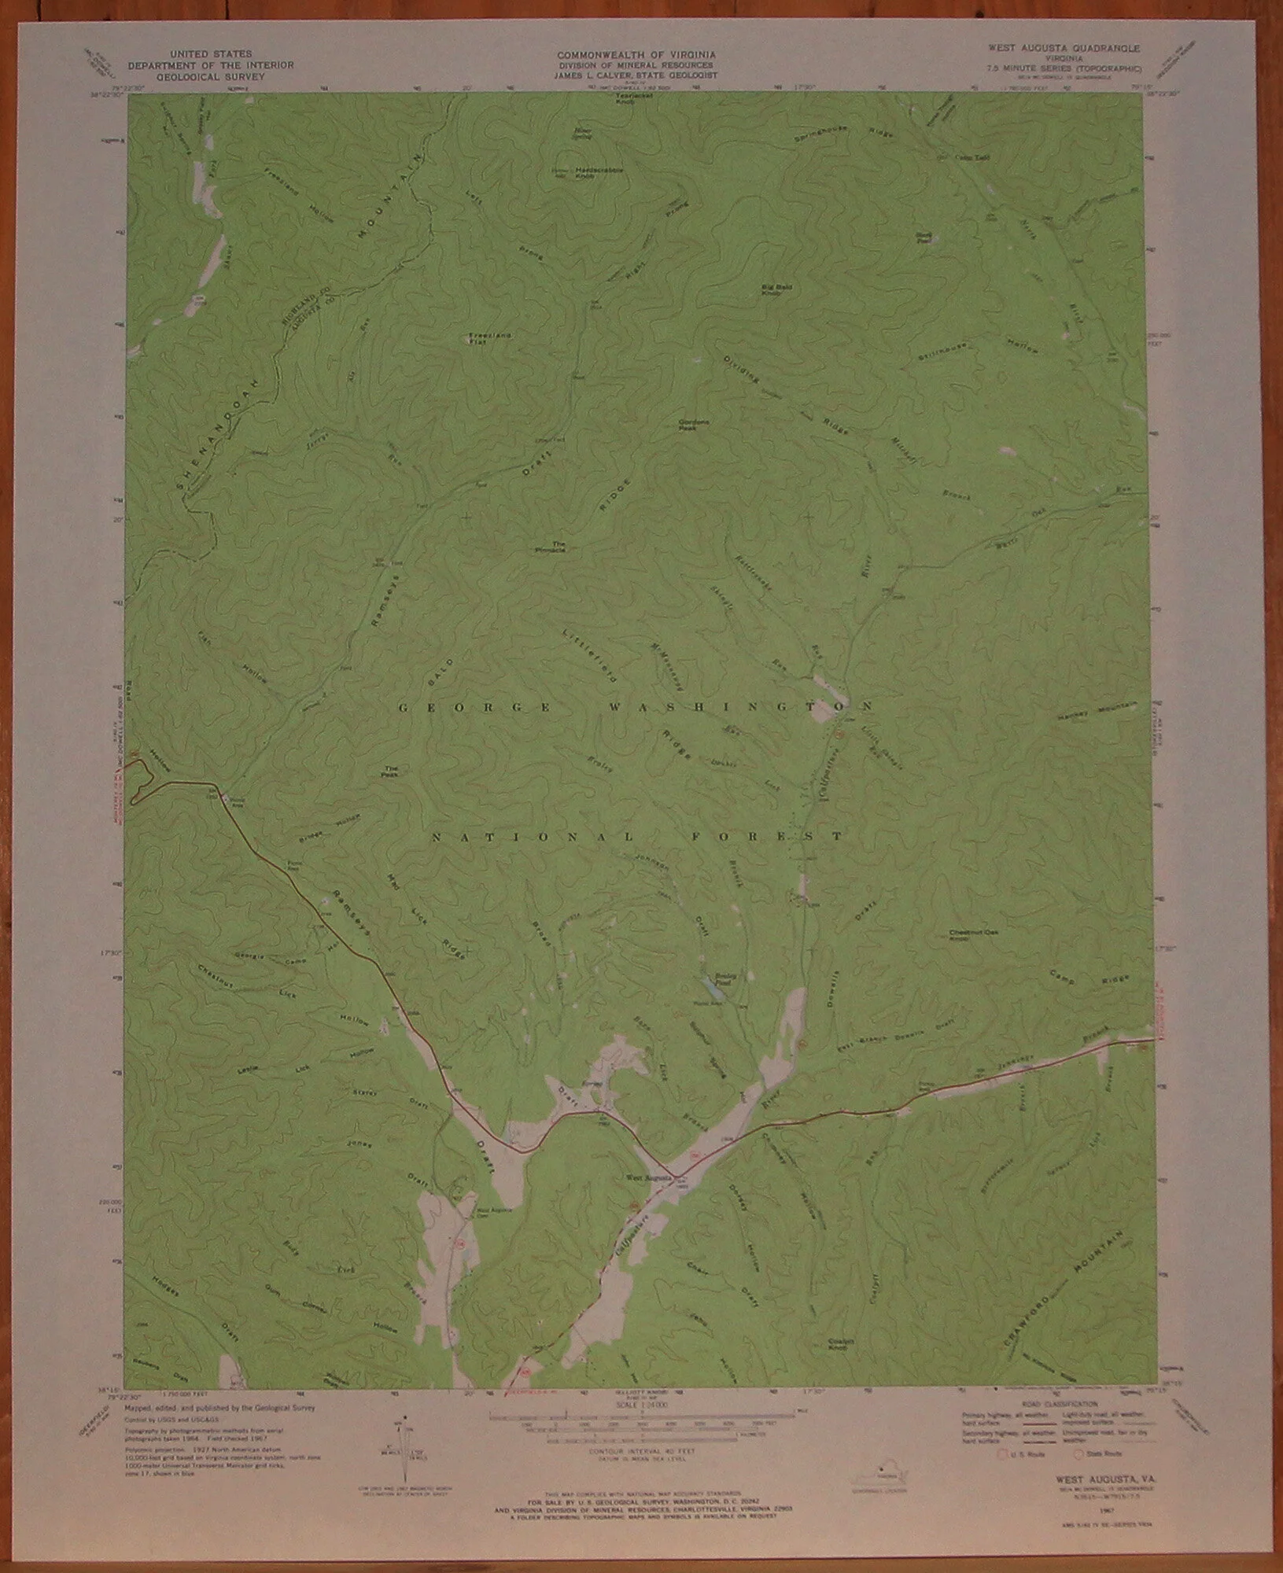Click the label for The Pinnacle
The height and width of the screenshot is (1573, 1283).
pyautogui.click(x=559, y=547)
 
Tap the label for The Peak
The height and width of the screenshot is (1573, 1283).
pyautogui.click(x=392, y=771)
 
